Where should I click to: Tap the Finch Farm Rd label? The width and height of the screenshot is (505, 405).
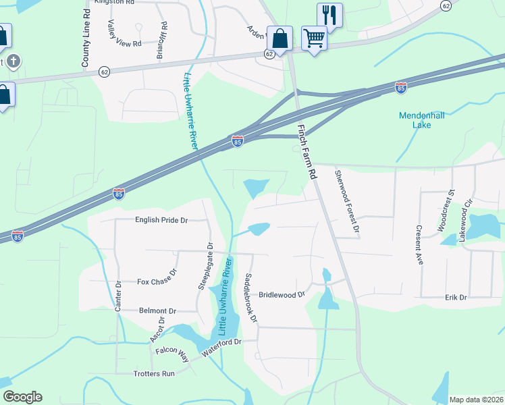coord(307,151)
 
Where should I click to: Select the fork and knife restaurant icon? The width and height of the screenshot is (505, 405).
coord(329,14)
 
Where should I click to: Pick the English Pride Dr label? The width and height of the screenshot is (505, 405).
coord(161,220)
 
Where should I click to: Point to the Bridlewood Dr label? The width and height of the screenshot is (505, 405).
coord(282,295)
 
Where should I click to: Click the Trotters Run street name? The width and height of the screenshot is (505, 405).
coord(155,373)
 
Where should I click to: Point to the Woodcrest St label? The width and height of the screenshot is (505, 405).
coord(447,211)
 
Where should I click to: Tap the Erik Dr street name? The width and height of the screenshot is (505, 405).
coord(456,298)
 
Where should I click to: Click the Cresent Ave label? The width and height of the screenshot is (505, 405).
coord(419,244)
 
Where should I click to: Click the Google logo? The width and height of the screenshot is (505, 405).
coord(22,397)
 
